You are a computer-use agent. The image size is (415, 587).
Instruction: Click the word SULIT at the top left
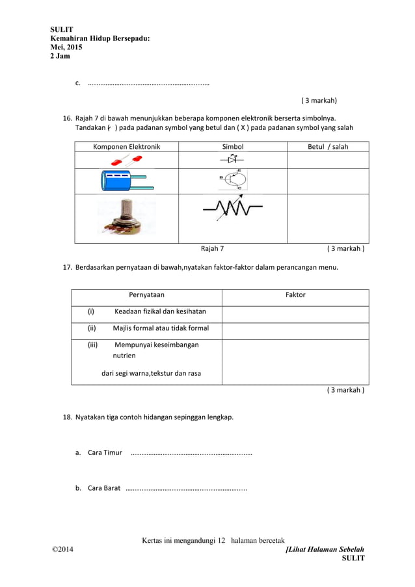coord(62,30)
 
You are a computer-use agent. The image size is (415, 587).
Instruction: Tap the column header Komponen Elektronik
coord(126,147)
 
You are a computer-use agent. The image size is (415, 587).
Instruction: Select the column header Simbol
coord(233,147)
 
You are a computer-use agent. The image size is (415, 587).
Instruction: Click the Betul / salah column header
coord(328,147)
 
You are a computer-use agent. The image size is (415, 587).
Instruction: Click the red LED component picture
coord(127,159)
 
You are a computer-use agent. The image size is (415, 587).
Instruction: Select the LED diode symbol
coord(232,159)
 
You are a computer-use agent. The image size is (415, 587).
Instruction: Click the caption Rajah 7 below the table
coord(212,248)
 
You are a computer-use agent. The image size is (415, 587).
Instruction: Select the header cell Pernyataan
coord(146,295)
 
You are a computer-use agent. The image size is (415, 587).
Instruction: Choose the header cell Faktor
coord(295,295)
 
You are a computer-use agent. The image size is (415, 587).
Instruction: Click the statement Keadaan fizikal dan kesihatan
coord(160,311)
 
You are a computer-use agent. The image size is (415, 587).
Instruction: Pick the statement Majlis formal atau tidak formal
coord(161,328)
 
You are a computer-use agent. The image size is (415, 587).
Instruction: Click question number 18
coord(67,417)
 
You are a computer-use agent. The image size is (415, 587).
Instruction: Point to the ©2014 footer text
coord(63,551)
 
